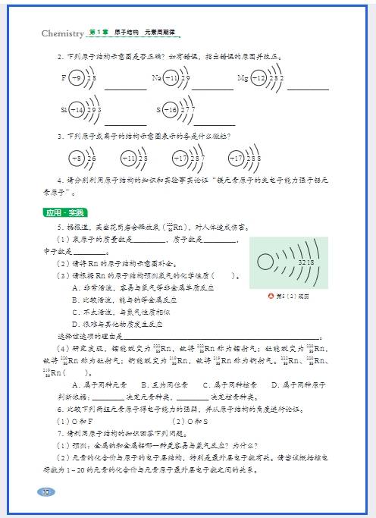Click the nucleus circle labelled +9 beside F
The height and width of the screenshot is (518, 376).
tap(76, 78)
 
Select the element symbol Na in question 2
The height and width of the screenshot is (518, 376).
tap(156, 78)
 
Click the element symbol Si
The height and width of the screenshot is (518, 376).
tap(64, 110)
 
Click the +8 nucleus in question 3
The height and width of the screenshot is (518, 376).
tap(76, 158)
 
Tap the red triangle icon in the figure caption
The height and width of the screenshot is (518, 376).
tap(270, 296)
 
